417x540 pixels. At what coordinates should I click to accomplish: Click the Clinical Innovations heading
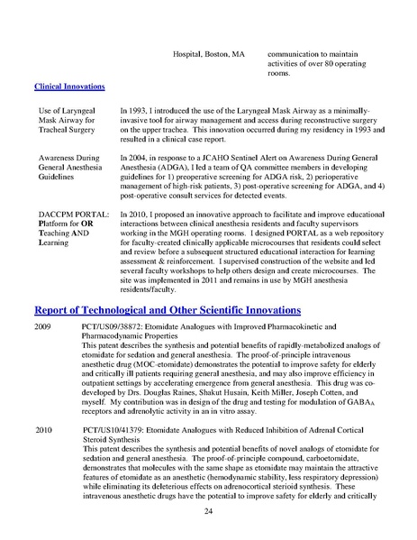pyautogui.click(x=69, y=87)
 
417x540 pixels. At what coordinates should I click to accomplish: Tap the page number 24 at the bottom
pyautogui.click(x=208, y=511)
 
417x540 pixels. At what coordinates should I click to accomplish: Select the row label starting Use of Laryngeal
pyautogui.click(x=66, y=109)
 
